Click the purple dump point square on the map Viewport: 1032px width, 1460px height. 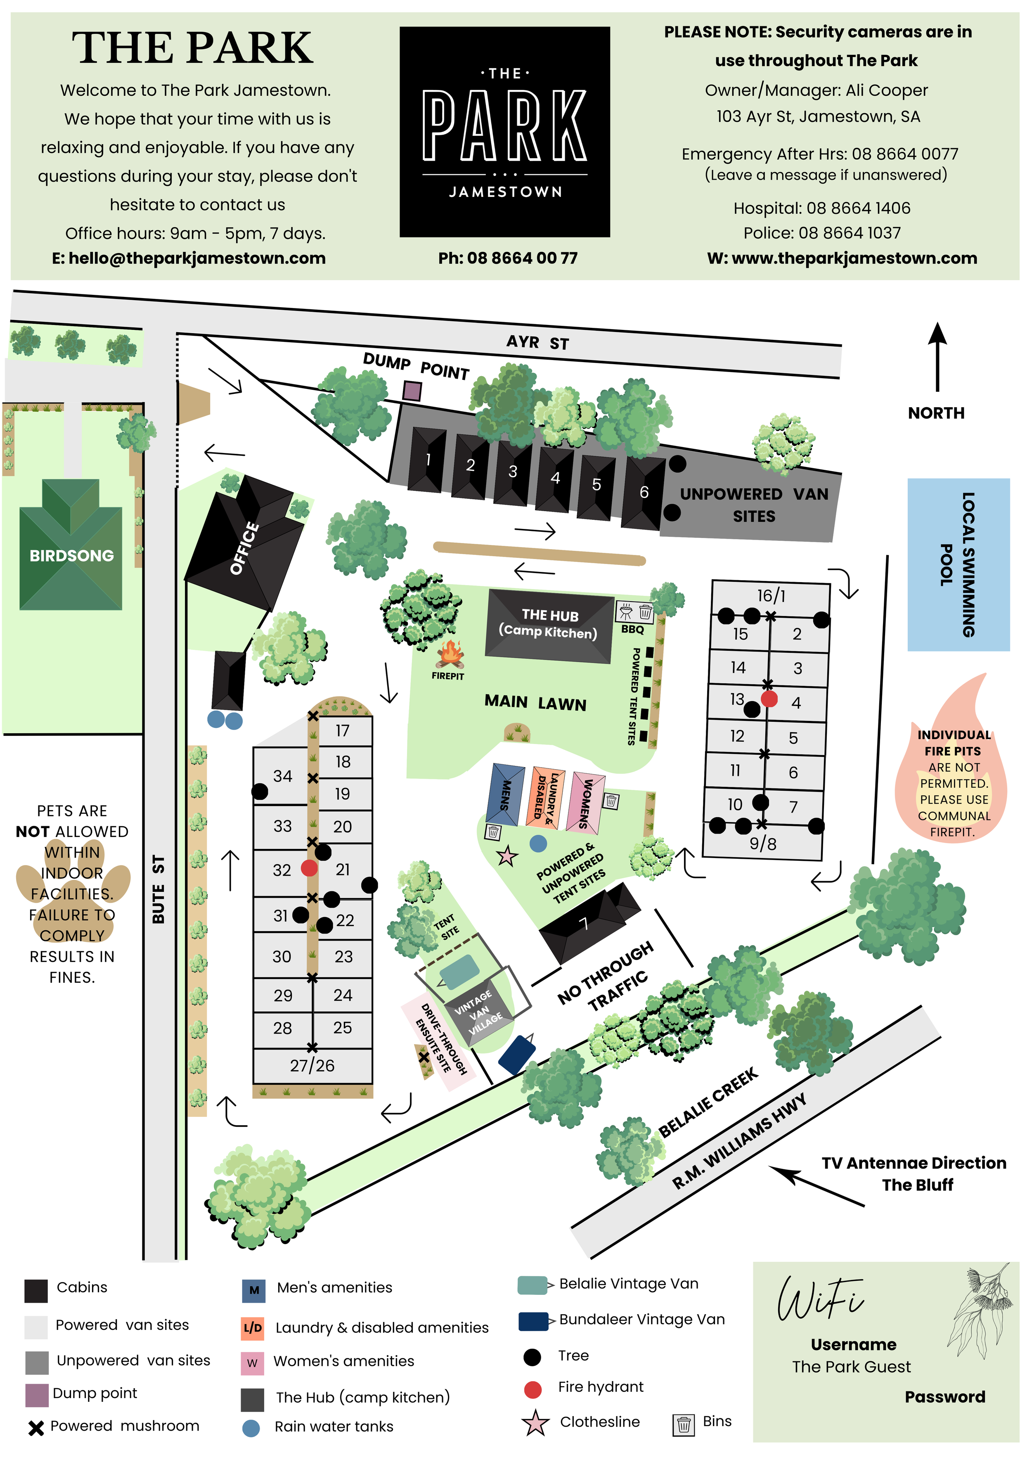tap(412, 391)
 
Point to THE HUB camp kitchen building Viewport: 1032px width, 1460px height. tap(549, 624)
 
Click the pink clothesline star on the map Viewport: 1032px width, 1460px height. tap(507, 856)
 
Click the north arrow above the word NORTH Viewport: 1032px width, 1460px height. tap(937, 356)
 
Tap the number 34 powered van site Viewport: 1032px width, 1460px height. tap(282, 776)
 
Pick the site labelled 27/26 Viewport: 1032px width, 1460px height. tap(312, 1065)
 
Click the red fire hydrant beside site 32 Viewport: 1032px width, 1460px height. tap(309, 868)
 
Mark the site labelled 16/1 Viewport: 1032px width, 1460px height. tap(771, 596)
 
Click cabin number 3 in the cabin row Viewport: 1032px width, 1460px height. tap(513, 471)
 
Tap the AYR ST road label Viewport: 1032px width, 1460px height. tap(537, 343)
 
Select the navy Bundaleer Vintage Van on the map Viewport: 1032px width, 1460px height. tap(516, 1054)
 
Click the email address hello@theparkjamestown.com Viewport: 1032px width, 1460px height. tap(189, 258)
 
